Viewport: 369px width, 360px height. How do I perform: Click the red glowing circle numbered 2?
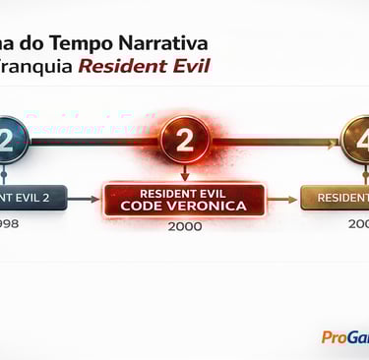(x=184, y=141)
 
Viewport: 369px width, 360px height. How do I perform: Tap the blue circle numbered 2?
(x=9, y=141)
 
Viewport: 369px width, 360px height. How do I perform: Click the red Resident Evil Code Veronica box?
(x=184, y=199)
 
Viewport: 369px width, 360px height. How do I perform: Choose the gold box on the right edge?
(x=337, y=198)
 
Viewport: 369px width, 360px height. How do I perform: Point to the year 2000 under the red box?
(x=184, y=226)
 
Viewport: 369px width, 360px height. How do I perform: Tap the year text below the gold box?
(x=358, y=224)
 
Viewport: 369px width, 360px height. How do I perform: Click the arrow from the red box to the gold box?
(x=284, y=199)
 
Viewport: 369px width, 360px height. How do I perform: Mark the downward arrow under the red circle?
(x=184, y=173)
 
